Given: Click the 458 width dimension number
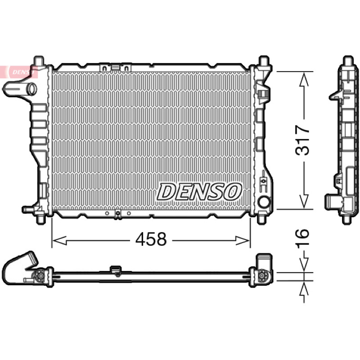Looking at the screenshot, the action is click(x=151, y=239).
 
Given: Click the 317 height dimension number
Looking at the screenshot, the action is click(x=302, y=140).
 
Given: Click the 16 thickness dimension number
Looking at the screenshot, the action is click(x=302, y=238).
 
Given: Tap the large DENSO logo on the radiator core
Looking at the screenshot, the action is click(x=199, y=192).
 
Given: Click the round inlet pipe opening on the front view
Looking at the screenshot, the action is click(x=32, y=89).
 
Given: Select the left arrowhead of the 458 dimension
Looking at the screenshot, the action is click(x=59, y=240).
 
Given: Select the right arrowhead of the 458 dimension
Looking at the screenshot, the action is click(x=243, y=240).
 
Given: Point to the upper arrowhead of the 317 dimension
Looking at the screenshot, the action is click(x=304, y=80).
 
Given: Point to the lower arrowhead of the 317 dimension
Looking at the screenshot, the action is click(x=304, y=201).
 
